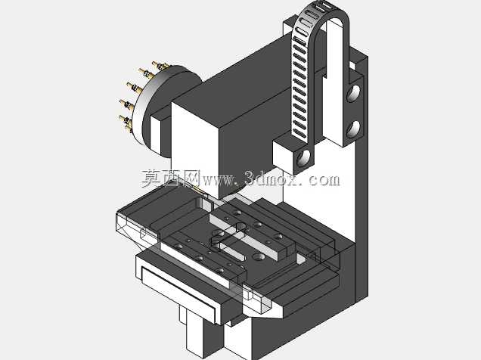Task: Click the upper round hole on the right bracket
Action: [353, 93]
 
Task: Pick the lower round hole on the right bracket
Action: [353, 129]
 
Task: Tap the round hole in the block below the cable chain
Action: [304, 157]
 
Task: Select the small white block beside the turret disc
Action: [156, 135]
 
